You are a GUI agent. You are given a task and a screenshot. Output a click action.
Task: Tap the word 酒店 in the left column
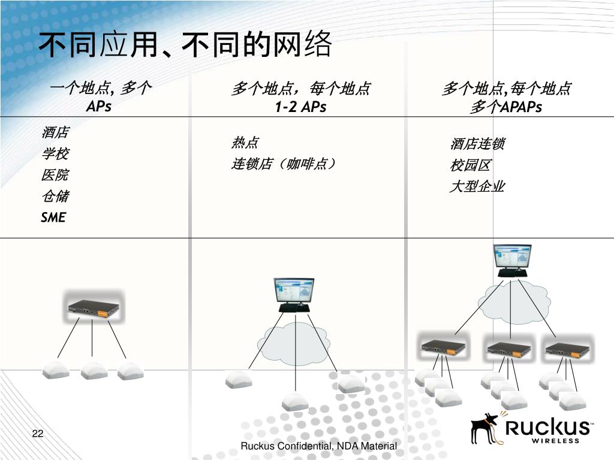click(x=55, y=132)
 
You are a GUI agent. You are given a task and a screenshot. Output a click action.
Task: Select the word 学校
click(x=55, y=154)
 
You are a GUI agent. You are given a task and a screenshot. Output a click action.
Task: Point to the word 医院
click(x=55, y=175)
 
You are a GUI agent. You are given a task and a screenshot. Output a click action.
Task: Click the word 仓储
click(x=55, y=196)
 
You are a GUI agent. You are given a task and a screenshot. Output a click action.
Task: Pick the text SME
click(x=53, y=217)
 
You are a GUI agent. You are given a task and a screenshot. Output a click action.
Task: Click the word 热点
click(x=245, y=143)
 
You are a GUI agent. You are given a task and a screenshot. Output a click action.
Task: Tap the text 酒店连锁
click(x=477, y=144)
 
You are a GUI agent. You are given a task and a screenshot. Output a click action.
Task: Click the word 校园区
click(x=471, y=165)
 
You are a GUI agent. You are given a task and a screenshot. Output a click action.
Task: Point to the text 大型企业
click(x=477, y=186)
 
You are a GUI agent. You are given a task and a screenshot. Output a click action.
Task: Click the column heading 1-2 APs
click(x=300, y=107)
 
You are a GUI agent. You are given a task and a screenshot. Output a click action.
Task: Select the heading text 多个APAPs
click(x=506, y=107)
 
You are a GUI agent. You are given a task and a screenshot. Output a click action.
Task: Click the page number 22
click(x=38, y=434)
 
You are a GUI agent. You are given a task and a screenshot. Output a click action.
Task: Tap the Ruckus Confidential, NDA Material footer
click(x=318, y=446)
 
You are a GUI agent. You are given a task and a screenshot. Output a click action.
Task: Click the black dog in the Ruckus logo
click(x=485, y=426)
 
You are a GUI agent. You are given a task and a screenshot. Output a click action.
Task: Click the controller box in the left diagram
click(x=92, y=308)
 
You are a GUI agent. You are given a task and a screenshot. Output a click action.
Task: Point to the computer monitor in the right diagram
click(x=513, y=259)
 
